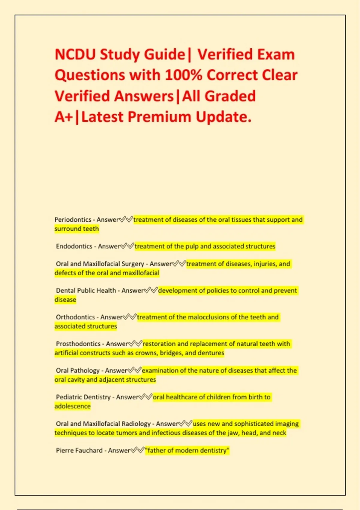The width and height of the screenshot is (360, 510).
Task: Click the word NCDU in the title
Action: pyautogui.click(x=75, y=55)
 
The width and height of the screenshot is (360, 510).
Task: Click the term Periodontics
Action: pyautogui.click(x=73, y=220)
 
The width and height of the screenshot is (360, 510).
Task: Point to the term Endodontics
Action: pyautogui.click(x=74, y=246)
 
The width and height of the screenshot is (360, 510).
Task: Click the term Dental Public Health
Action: pyautogui.click(x=86, y=290)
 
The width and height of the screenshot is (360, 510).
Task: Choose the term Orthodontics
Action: pyautogui.click(x=75, y=317)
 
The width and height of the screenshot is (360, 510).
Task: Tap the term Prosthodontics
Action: pyautogui.click(x=78, y=344)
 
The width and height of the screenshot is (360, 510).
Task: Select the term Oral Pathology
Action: pyautogui.click(x=77, y=370)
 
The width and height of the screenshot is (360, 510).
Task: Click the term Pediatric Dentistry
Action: pyautogui.click(x=83, y=397)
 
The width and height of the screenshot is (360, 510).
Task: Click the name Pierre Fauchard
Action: pyautogui.click(x=79, y=451)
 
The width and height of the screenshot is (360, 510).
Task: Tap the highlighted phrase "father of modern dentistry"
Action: pyautogui.click(x=187, y=451)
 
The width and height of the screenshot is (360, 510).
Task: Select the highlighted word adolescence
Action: pyautogui.click(x=72, y=406)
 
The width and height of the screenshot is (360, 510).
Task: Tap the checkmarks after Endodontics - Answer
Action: pyautogui.click(x=127, y=246)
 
